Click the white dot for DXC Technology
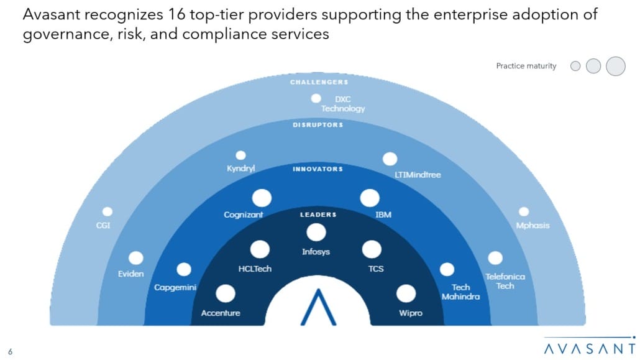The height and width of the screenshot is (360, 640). (x=316, y=98)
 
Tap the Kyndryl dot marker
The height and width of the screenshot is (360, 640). (x=240, y=155)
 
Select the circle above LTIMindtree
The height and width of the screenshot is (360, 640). (x=390, y=159)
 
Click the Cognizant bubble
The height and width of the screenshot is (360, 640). (x=262, y=198)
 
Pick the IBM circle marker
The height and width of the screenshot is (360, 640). (x=369, y=198)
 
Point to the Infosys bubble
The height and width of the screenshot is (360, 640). (x=316, y=233)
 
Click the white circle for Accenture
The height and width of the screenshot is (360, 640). (x=225, y=293)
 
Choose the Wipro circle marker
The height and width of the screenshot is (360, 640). (x=406, y=293)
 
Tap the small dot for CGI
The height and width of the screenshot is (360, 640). (x=107, y=211)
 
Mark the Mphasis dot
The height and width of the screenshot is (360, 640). (x=524, y=211)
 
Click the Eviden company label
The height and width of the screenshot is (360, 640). (x=131, y=274)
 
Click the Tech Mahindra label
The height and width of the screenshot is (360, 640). (x=460, y=292)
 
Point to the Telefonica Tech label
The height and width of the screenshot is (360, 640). (x=505, y=281)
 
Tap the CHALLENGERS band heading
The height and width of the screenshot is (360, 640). (x=319, y=82)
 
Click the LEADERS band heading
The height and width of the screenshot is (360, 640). (x=318, y=215)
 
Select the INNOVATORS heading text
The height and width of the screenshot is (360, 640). (x=317, y=168)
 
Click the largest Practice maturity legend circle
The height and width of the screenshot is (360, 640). (x=615, y=66)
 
